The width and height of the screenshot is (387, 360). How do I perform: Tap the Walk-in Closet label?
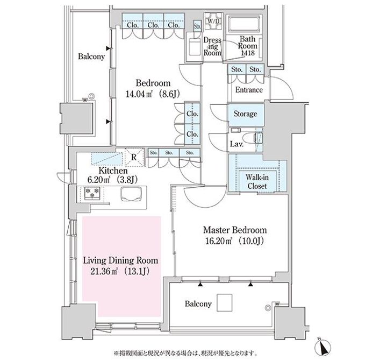tap(257, 181)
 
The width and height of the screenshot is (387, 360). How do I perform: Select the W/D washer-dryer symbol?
tap(213, 22)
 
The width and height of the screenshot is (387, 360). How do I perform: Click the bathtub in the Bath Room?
tap(244, 24)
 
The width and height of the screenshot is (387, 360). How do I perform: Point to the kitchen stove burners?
tap(92, 193)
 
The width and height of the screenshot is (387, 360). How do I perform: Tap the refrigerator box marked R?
tap(134, 157)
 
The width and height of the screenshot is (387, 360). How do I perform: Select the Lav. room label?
tap(236, 144)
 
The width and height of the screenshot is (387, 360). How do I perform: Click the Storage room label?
tap(245, 114)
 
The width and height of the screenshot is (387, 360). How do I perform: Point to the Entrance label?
tap(249, 90)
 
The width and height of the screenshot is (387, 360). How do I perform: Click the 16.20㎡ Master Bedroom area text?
tap(235, 241)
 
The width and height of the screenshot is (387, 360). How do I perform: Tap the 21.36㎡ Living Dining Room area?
tap(120, 271)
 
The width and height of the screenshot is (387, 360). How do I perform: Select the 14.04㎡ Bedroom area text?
tap(153, 94)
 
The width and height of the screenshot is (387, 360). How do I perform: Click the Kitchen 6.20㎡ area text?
tap(112, 180)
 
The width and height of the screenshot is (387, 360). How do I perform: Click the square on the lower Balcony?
tap(224, 302)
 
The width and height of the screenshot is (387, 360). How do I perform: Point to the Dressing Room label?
tap(212, 46)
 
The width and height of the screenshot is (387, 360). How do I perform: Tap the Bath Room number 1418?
tap(248, 53)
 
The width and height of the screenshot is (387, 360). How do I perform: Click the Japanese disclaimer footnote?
tap(185, 354)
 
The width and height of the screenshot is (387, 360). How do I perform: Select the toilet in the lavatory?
tap(250, 137)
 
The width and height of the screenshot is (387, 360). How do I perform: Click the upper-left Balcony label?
tap(91, 57)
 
